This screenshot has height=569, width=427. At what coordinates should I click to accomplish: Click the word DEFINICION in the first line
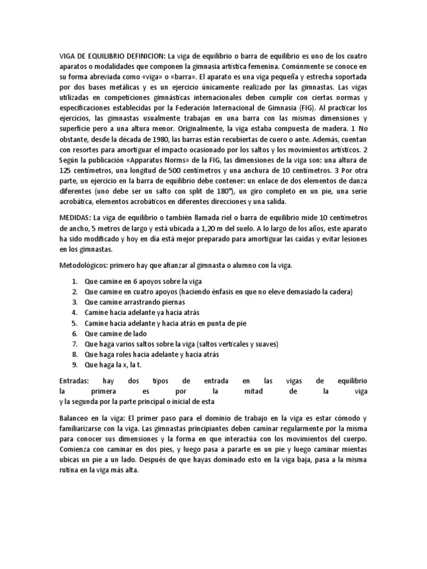coord(142,56)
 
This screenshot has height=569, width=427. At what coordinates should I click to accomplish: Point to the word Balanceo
coord(75,417)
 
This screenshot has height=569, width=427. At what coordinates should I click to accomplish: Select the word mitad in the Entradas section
coord(262,391)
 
